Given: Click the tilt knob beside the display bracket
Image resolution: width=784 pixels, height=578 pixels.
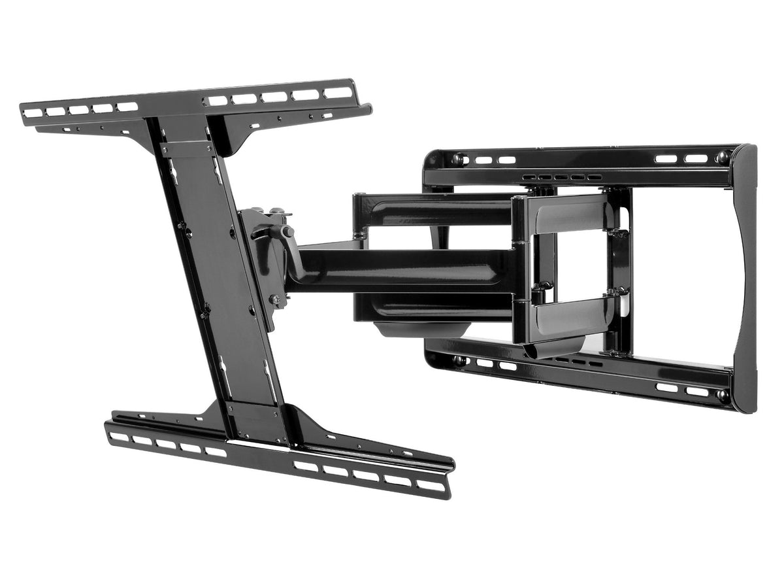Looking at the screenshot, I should (x=286, y=231).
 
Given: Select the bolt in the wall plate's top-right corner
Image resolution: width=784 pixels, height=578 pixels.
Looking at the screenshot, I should (x=723, y=157).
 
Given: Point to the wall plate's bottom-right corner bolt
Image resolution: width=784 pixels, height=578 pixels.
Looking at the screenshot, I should (x=722, y=395).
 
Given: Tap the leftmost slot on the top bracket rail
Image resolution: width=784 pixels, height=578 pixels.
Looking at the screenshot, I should (x=33, y=113).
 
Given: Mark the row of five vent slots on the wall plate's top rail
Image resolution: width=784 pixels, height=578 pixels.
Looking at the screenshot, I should (x=562, y=177).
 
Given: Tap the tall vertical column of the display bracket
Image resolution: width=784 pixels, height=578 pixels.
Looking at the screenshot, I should (x=219, y=275).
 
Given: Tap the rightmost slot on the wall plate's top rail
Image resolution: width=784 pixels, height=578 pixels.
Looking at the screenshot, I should (x=696, y=158).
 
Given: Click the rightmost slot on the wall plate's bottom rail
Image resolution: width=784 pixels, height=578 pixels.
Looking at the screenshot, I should (x=696, y=392).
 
